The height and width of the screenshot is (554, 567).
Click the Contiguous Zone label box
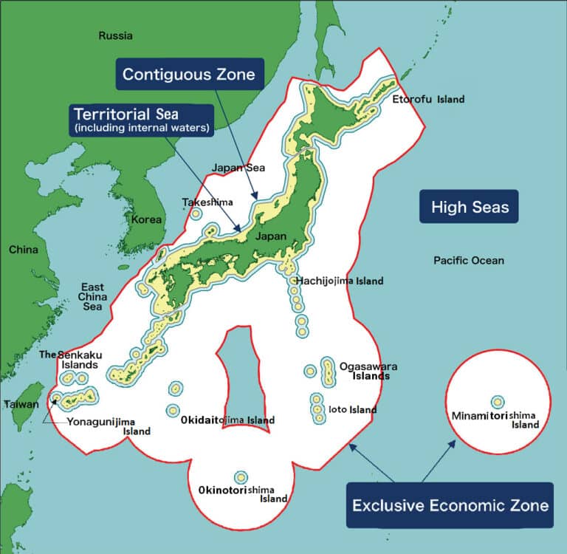(188, 74)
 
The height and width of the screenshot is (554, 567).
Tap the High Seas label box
(470, 207)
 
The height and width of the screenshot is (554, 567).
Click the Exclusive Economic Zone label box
(450, 505)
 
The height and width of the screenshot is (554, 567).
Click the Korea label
(146, 219)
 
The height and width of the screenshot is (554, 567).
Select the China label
(23, 249)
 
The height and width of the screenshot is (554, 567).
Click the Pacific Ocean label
(469, 260)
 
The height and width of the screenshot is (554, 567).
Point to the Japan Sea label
(238, 168)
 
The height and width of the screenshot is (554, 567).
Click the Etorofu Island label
(428, 99)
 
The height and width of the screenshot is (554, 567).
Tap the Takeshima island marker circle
(196, 214)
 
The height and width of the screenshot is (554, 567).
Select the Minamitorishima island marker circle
(498, 402)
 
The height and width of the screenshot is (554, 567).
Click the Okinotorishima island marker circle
(240, 477)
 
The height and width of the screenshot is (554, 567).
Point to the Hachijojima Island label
(340, 281)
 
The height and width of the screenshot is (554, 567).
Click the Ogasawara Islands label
(365, 371)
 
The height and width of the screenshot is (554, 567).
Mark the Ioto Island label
(353, 409)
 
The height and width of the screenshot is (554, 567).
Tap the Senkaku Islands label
(70, 360)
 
